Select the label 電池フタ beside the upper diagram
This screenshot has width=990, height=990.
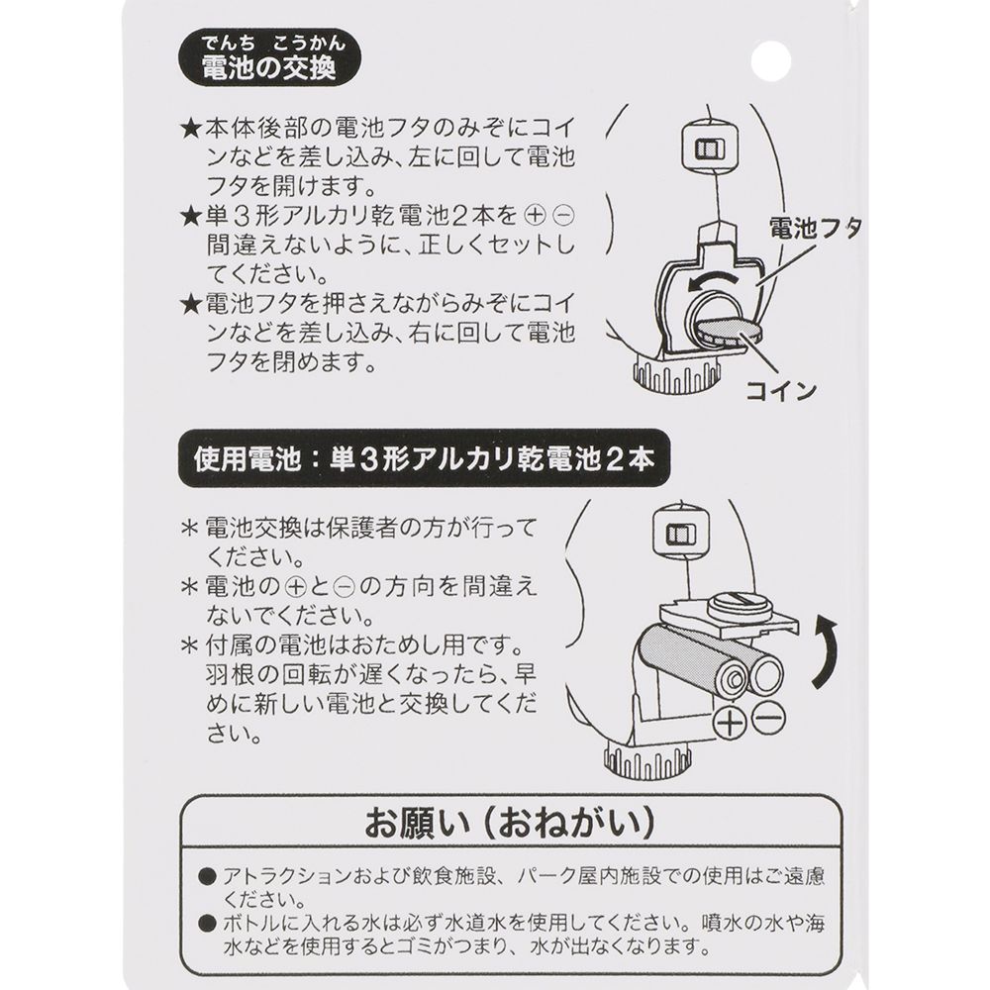[817, 231]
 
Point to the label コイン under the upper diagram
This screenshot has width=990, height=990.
[782, 389]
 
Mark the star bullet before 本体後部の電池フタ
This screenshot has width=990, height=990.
[191, 131]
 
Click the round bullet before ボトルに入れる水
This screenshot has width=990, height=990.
[206, 924]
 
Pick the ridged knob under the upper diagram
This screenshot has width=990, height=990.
[670, 378]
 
